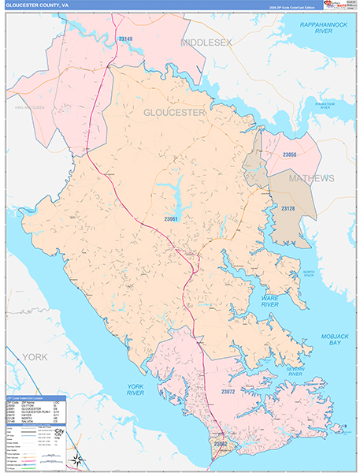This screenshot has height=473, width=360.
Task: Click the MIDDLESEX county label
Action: coord(207,41)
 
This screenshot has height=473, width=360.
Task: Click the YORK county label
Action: coord(35,357)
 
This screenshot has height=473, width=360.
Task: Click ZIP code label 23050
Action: coord(290,155)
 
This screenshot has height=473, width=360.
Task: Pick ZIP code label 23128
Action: coord(289,208)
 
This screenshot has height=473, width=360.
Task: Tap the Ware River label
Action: coord(270,300)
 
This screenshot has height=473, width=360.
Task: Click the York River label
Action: coord(139,389)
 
